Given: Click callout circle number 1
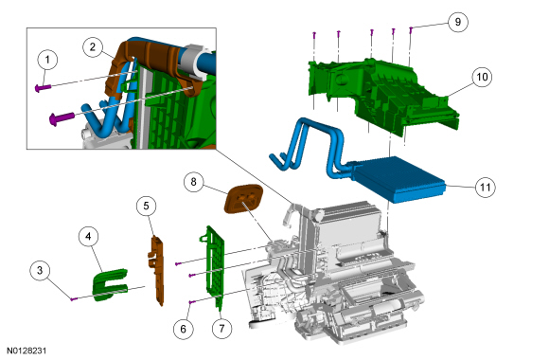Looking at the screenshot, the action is (x=47, y=60).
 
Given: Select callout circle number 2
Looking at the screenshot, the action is (x=93, y=47).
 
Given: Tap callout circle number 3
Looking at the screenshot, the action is (x=40, y=270).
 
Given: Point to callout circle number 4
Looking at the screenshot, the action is (x=88, y=237).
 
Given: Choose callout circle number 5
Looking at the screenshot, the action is (x=147, y=206).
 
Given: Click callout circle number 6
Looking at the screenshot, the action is (x=183, y=329).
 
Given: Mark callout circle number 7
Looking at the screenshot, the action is (x=222, y=329).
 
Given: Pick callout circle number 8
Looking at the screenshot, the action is (x=194, y=182).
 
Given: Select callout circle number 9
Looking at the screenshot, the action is (x=458, y=22).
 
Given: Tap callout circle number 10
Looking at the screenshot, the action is (x=482, y=77).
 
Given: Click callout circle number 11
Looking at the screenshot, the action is (x=486, y=188).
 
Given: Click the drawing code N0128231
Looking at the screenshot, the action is (x=27, y=351).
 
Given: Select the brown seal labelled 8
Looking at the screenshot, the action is (x=243, y=198).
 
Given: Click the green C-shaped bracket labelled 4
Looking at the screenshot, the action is (x=110, y=284).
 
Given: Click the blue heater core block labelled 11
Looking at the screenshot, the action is (x=398, y=179).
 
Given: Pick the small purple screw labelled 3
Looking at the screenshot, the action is (x=74, y=299).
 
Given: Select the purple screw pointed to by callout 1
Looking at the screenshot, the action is (x=43, y=87).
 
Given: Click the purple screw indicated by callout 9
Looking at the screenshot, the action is (x=411, y=30).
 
